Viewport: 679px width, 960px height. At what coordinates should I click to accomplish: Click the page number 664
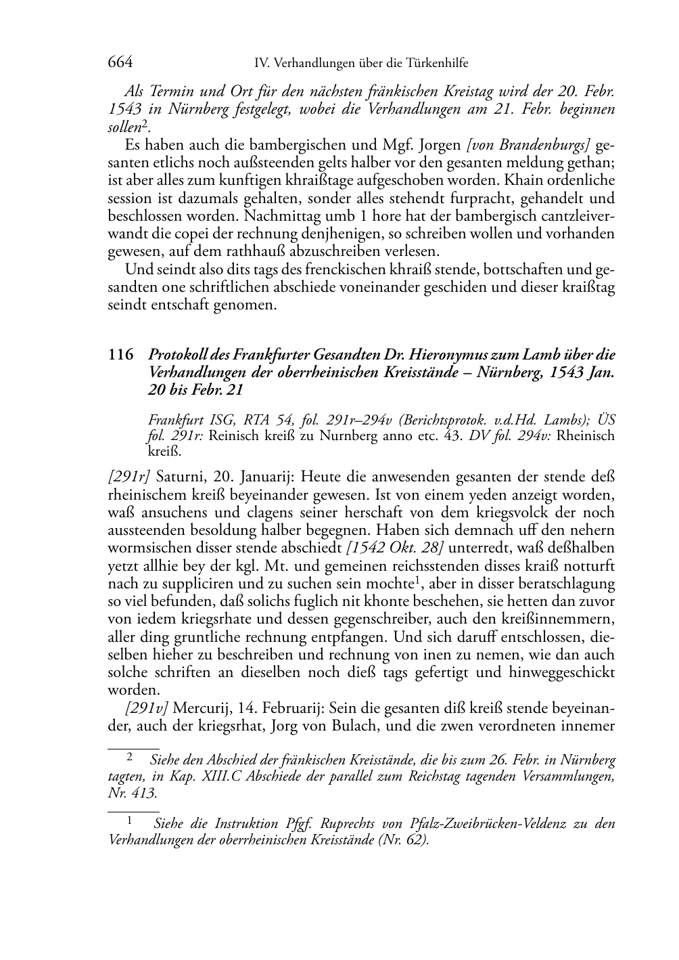[x=120, y=63]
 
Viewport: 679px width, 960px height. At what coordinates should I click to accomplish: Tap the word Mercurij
[x=202, y=708]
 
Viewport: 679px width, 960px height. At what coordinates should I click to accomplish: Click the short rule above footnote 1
[x=133, y=811]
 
